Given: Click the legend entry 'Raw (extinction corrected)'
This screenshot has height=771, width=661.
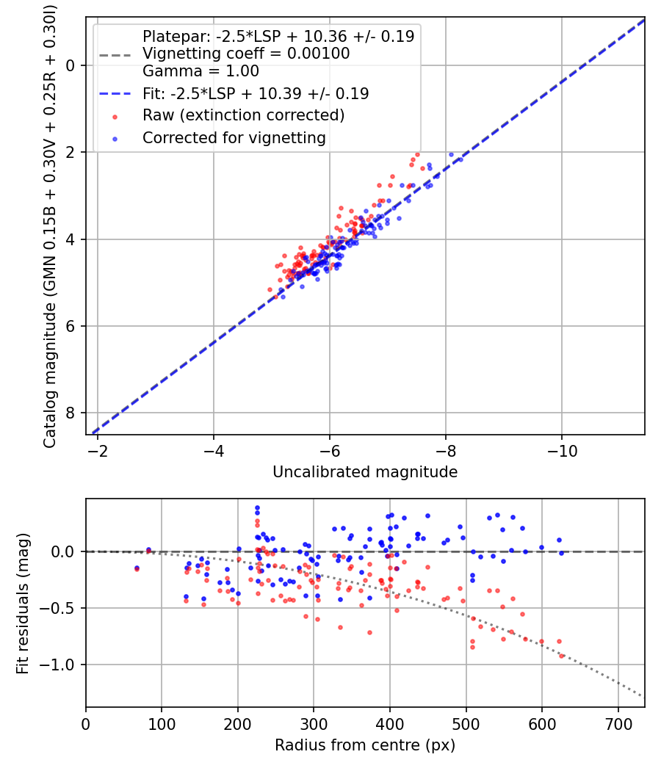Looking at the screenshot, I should point(243,115).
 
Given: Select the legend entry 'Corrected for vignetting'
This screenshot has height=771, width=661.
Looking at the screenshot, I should point(234,137).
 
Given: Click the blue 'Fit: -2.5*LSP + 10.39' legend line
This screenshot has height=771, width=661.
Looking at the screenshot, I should point(115,94).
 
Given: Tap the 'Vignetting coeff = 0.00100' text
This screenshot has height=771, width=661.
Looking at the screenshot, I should point(246,54).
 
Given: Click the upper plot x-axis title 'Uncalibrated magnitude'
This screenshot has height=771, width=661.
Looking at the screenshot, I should point(365,472).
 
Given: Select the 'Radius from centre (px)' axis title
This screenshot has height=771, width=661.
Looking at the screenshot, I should point(365,745).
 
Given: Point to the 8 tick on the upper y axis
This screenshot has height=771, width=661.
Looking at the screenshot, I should point(71,413).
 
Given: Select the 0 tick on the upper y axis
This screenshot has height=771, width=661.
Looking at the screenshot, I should point(71,65).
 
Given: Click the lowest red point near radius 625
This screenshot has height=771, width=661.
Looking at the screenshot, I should point(562,655).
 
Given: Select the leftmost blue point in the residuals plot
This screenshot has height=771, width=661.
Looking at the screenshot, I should point(137,568).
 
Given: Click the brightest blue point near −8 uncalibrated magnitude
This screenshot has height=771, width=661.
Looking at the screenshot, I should point(452,155).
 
